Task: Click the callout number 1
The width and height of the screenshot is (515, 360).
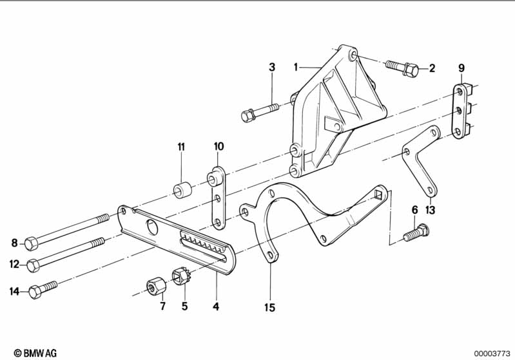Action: pyautogui.click(x=296, y=67)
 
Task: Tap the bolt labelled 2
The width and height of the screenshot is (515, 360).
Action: pyautogui.click(x=402, y=68)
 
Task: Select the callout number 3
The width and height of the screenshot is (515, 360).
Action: pyautogui.click(x=272, y=67)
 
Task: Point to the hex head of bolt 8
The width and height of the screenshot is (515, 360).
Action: pyautogui.click(x=31, y=243)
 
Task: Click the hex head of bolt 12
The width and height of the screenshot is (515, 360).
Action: pyautogui.click(x=33, y=265)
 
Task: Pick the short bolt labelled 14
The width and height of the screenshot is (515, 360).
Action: pyautogui.click(x=43, y=289)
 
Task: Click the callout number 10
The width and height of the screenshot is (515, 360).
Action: pyautogui.click(x=219, y=146)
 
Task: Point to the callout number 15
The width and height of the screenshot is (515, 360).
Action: pyautogui.click(x=269, y=307)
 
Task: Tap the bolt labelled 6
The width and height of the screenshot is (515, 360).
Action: pyautogui.click(x=416, y=232)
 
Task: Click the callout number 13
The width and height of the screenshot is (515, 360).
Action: pyautogui.click(x=431, y=210)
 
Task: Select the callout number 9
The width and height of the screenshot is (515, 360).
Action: pyautogui.click(x=462, y=68)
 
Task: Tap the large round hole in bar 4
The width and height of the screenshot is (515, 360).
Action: pyautogui.click(x=152, y=227)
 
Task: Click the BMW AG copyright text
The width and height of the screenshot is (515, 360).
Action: pyautogui.click(x=35, y=353)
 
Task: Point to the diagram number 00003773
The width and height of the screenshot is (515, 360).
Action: pyautogui.click(x=492, y=354)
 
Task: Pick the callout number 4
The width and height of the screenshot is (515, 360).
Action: pyautogui.click(x=216, y=307)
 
